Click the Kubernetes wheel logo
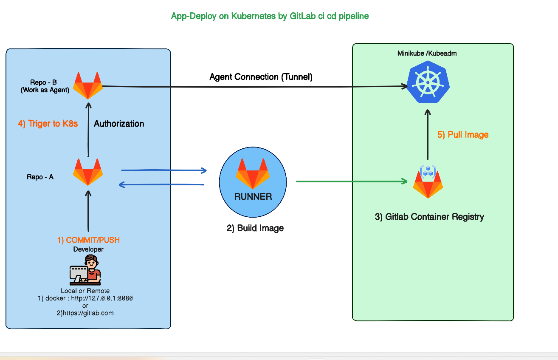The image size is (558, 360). click(x=428, y=84)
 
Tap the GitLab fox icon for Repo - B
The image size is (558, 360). click(x=88, y=85)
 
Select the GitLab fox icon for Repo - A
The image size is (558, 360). click(x=88, y=172)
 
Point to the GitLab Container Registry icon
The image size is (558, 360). click(x=428, y=182)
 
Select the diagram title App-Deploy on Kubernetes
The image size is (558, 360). click(x=270, y=16)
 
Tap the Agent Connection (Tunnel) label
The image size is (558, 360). click(x=261, y=77)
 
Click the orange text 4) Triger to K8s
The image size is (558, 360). click(x=48, y=124)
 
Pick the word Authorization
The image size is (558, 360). click(x=119, y=124)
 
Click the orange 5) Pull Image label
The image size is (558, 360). click(x=463, y=135)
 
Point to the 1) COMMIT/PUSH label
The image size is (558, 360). click(x=88, y=240)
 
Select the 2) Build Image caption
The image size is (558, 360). click(x=255, y=228)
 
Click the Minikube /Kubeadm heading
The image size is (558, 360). click(x=427, y=54)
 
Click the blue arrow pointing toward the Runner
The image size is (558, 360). click(x=164, y=170)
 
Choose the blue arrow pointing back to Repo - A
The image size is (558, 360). click(x=161, y=184)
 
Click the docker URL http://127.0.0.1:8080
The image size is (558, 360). click(x=102, y=298)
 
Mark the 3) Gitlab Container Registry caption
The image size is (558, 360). click(x=429, y=217)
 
